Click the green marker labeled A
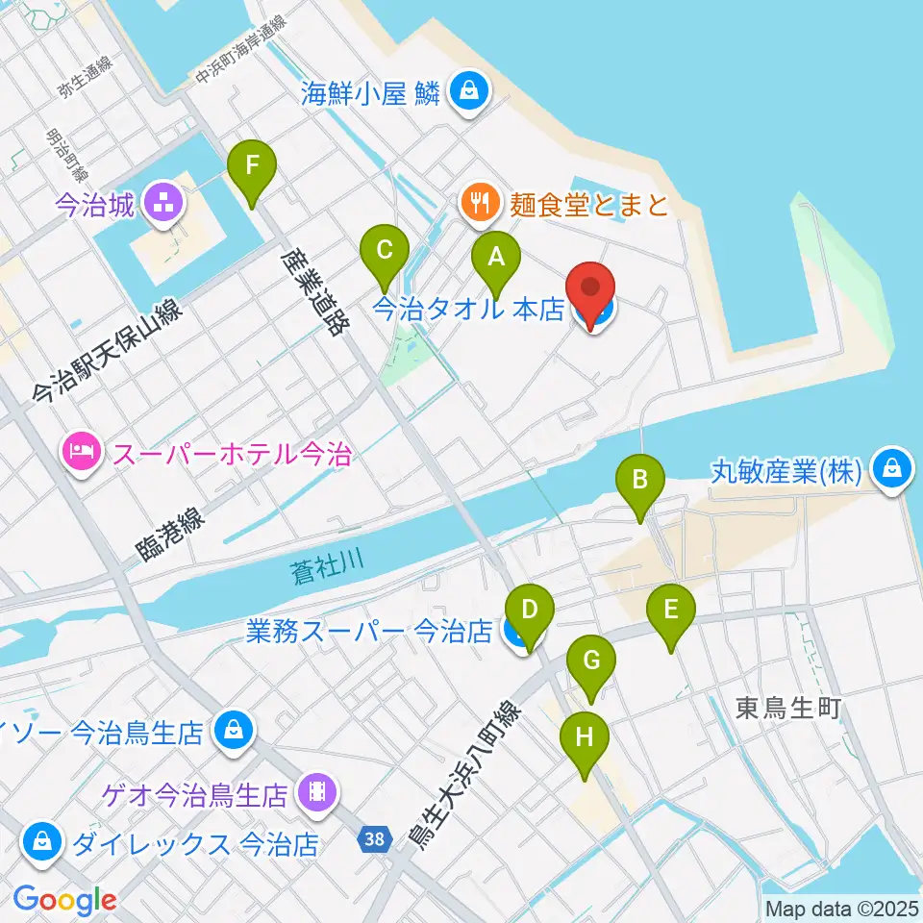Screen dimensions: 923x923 496,257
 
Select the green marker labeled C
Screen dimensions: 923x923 384,253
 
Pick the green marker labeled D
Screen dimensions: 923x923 531,610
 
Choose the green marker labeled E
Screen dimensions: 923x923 670,610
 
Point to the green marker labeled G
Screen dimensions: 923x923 591,661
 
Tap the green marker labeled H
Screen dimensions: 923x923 586,737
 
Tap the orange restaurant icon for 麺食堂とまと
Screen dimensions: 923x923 479,203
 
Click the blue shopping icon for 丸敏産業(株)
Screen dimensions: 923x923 893,470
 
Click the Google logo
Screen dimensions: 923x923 64,900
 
